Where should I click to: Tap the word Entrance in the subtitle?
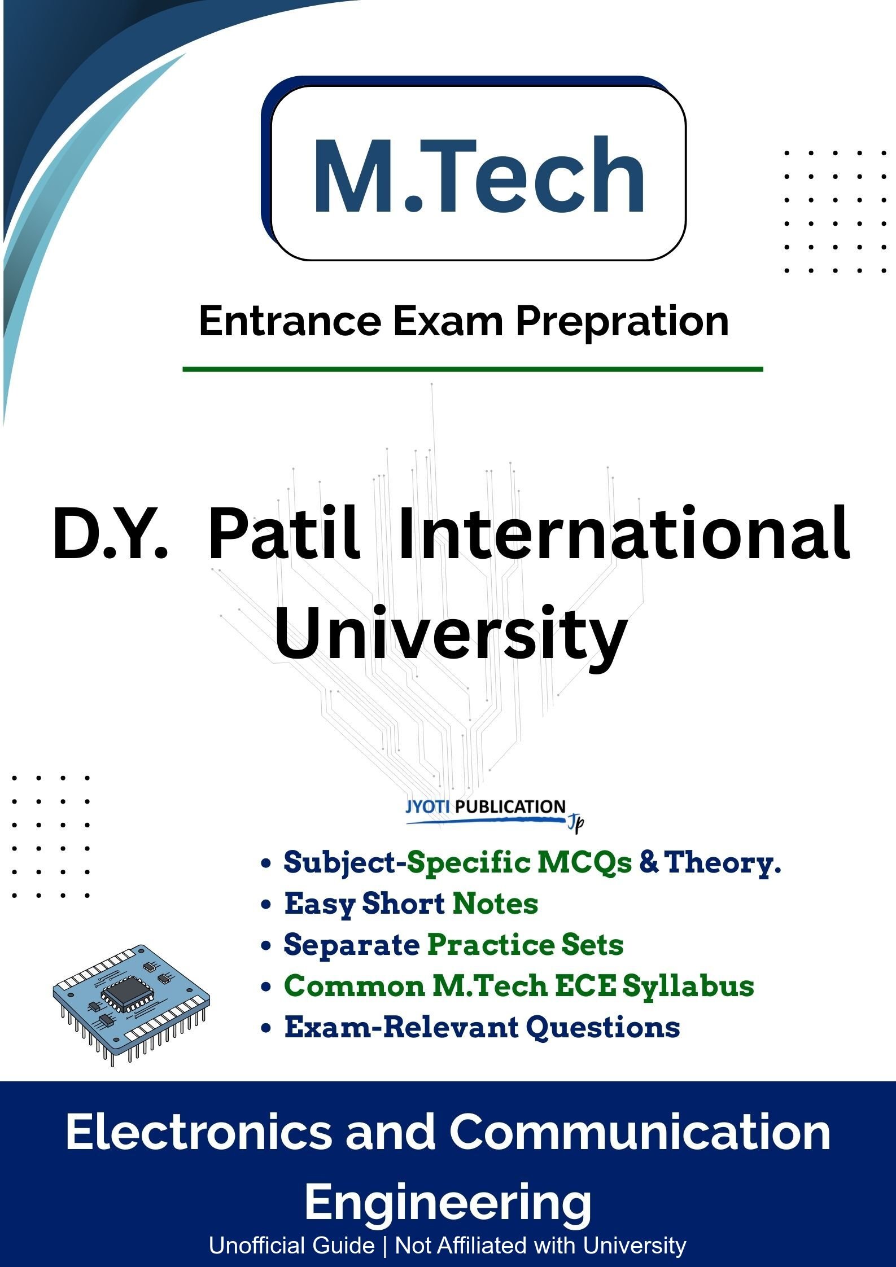pyautogui.click(x=290, y=321)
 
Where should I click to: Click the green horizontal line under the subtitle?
pyautogui.click(x=473, y=370)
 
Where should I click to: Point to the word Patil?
pyautogui.click(x=284, y=532)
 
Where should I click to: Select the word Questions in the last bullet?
pyautogui.click(x=602, y=1028)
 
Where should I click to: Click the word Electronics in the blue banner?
pyautogui.click(x=198, y=1132)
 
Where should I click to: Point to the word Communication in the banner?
pyautogui.click(x=640, y=1132)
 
